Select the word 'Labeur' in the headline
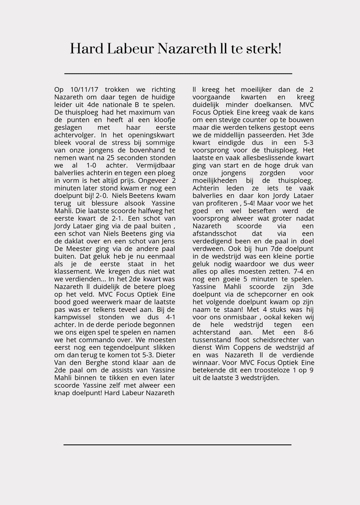tap(131, 49)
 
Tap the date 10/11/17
tap(84, 90)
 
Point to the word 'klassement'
tap(73, 272)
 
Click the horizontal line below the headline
tap(178, 73)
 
